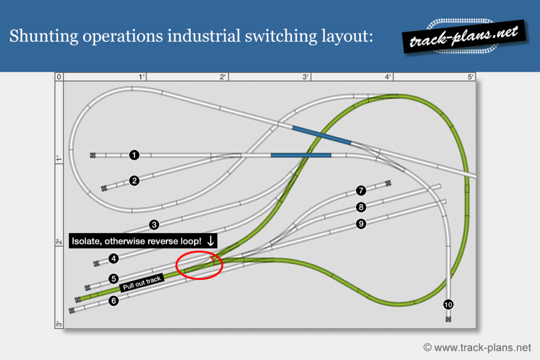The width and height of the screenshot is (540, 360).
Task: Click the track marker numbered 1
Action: coord(134,155)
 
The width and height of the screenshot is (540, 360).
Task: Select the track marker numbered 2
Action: coord(134,181)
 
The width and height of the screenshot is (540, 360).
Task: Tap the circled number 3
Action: coord(154,225)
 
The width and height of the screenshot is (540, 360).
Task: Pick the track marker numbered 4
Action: coord(114,258)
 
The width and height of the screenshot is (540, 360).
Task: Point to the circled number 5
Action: coord(114,278)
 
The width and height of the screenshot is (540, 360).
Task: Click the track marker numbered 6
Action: coord(114,301)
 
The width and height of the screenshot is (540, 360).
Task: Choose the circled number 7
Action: coord(361,190)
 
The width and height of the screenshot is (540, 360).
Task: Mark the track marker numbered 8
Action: coord(361,207)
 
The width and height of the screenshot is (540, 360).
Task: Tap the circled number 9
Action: coord(361,224)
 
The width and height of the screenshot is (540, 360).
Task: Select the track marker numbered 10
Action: coord(448,304)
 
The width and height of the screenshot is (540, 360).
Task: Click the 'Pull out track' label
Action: coord(142,283)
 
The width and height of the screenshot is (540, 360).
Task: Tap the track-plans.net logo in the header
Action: coord(464,37)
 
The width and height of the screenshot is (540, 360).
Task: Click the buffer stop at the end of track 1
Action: coord(93,155)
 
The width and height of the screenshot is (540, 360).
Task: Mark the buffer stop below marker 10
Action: coord(448,319)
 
